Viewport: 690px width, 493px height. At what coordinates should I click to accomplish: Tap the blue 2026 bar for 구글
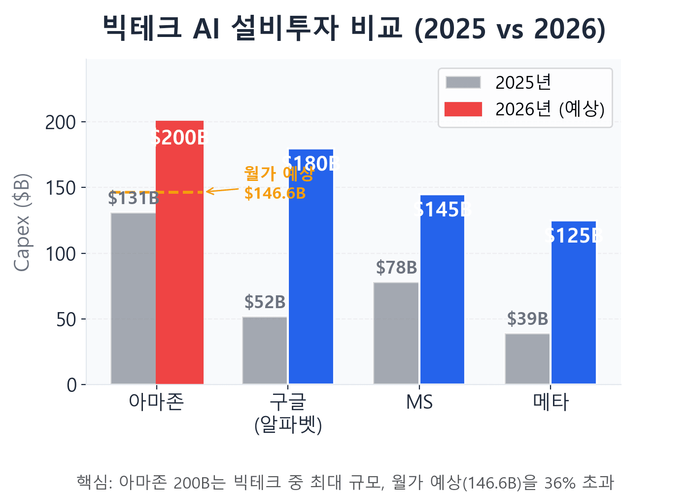tap(311, 276)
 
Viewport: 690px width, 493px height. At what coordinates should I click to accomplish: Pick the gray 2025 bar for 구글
tap(265, 350)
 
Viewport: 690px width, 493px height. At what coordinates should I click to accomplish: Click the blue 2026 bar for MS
tap(442, 296)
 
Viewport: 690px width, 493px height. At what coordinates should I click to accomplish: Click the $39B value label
tap(527, 319)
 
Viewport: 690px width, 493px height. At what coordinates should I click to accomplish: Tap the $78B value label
tap(396, 268)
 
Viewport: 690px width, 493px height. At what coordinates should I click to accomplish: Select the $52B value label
tap(265, 302)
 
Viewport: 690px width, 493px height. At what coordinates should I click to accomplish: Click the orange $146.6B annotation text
tap(275, 193)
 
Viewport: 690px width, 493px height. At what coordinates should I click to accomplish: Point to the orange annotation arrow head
tap(208, 191)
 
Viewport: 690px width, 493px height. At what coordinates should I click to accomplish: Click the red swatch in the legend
tap(463, 109)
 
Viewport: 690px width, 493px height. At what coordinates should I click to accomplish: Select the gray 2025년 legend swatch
tap(463, 82)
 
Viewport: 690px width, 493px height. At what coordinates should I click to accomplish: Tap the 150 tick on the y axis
tap(61, 188)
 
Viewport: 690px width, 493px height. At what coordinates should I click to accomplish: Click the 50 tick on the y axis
tap(66, 319)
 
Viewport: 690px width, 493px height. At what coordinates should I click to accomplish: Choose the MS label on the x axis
tap(419, 402)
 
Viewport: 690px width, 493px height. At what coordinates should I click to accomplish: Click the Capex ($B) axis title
tap(22, 222)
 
